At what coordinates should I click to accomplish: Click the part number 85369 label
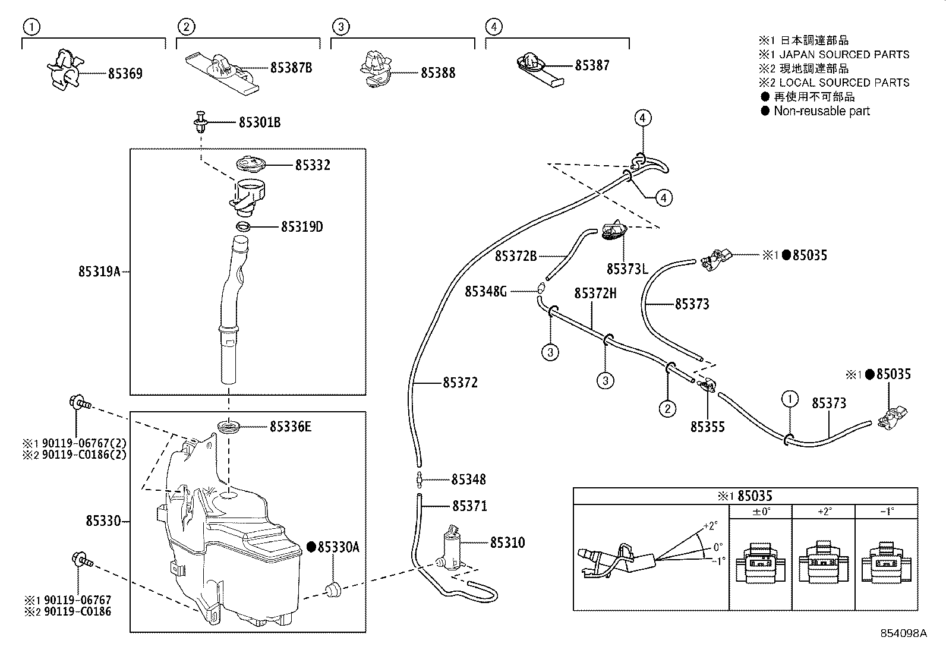pos(125,74)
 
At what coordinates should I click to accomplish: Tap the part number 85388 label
pos(438,73)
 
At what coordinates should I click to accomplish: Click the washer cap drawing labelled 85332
pos(251,165)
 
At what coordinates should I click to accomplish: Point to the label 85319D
pos(302,227)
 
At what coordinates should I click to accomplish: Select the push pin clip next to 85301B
pos(200,122)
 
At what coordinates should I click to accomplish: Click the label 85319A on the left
pos(99,272)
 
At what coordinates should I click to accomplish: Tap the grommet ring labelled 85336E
pos(230,427)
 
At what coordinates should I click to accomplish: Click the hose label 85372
pos(460,383)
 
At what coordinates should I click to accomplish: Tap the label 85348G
pos(485,291)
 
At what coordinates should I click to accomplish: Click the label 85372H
pos(595,293)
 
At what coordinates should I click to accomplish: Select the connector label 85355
pos(707,427)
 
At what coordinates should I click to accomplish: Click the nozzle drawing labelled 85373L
pos(613,232)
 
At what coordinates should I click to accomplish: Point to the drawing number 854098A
pos(903,633)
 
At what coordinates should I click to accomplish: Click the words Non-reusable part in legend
pos(821,111)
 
